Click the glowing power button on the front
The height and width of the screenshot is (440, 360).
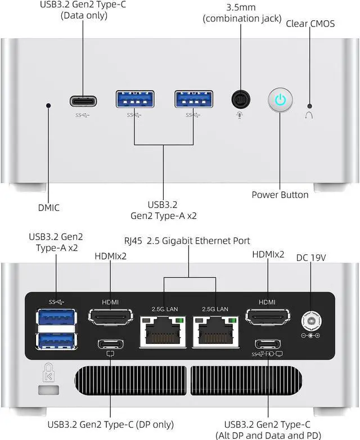(280, 100)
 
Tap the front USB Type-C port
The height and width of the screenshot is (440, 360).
(83, 101)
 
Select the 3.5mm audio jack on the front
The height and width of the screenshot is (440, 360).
(241, 100)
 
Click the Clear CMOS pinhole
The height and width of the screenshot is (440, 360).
(309, 105)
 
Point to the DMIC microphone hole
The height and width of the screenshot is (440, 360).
(49, 105)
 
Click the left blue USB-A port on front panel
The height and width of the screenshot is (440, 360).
(135, 100)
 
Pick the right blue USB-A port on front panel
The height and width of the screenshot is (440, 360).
(193, 100)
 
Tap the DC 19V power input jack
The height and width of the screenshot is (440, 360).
(310, 321)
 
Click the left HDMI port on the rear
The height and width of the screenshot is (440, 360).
(110, 318)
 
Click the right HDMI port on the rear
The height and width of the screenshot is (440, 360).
(267, 318)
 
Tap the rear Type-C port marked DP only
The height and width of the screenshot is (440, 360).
(110, 344)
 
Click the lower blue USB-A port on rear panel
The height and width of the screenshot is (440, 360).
(56, 340)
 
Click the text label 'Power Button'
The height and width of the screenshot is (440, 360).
(280, 195)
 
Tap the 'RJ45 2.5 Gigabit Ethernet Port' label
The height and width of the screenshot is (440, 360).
(187, 241)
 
